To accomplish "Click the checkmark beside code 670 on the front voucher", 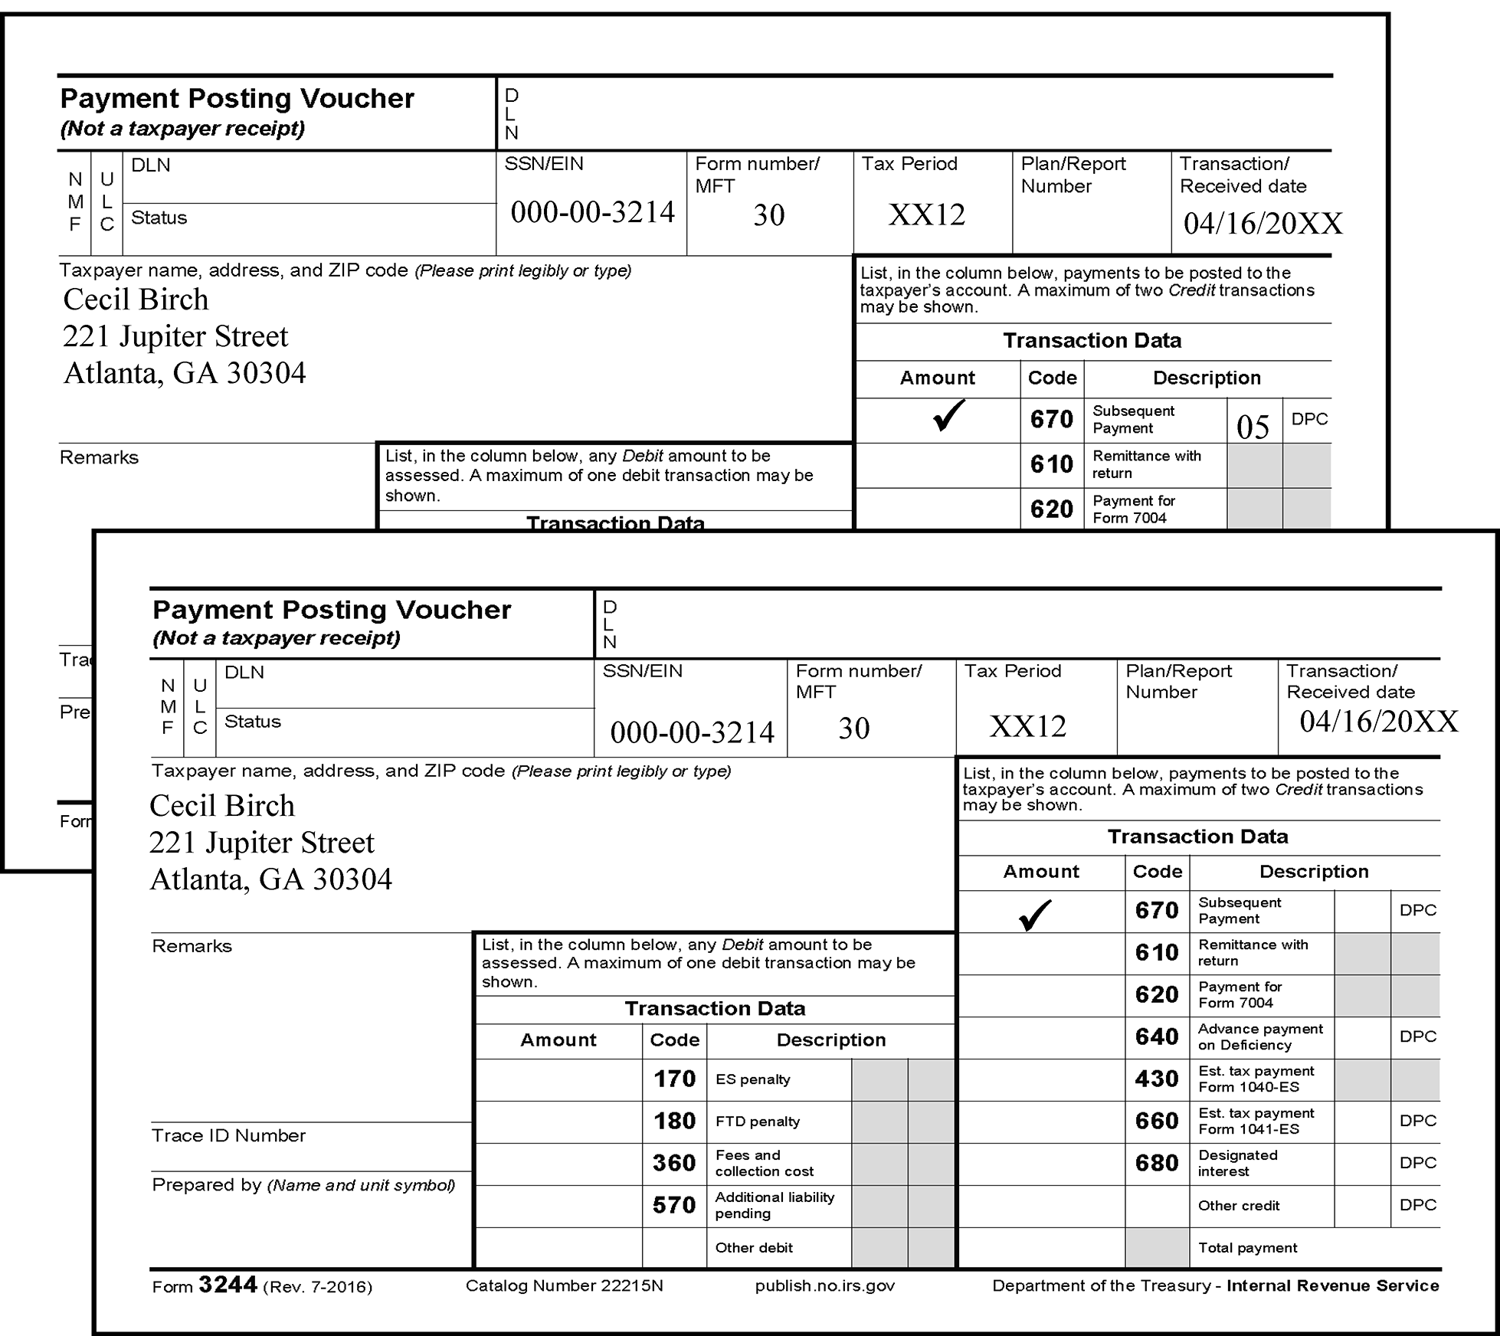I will tap(1035, 914).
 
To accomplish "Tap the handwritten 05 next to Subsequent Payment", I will tap(1253, 427).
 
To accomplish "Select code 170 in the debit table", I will tap(674, 1079).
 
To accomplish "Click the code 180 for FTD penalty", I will tap(674, 1122).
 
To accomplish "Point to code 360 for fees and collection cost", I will tap(674, 1163).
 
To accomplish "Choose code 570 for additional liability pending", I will tap(674, 1205).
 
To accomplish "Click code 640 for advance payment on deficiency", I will tap(1157, 1036).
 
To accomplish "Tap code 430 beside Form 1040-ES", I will tap(1157, 1079).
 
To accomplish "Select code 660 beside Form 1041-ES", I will tap(1157, 1121).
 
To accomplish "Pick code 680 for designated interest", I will tap(1157, 1163).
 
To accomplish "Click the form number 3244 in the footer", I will tap(228, 1285).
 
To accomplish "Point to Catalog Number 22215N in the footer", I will tap(564, 1286).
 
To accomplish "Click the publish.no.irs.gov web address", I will tap(824, 1286).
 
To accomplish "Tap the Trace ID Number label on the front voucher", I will tap(228, 1135).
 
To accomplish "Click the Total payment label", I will tap(1247, 1248).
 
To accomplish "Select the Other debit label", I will tap(754, 1248).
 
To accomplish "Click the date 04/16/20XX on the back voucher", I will tap(1263, 224).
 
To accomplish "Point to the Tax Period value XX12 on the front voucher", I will tap(1027, 726).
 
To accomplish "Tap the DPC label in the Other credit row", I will tap(1417, 1205).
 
